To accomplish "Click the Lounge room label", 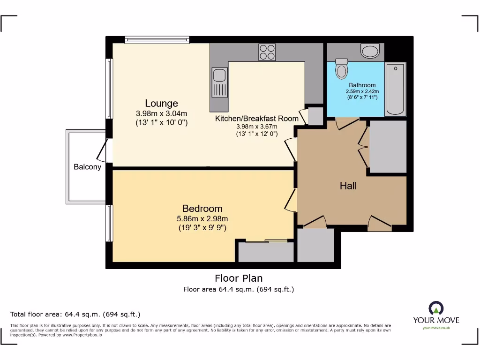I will click(x=161, y=104).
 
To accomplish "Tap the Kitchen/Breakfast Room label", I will click(x=256, y=119).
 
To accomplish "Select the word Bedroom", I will click(x=202, y=209).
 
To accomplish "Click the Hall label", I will click(x=348, y=186).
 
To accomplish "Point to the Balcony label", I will click(x=87, y=167).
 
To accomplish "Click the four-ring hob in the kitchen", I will click(x=267, y=52).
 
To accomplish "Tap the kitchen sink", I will click(x=219, y=82).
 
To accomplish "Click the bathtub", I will click(x=395, y=89).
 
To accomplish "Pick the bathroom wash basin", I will click(x=370, y=50).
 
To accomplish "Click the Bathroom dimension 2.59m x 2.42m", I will click(x=362, y=91).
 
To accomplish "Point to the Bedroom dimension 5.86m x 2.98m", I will click(x=202, y=218).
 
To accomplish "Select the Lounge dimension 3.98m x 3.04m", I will click(x=161, y=113).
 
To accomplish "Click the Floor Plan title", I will click(x=239, y=278).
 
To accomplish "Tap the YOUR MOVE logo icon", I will click(x=436, y=308).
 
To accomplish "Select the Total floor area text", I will click(x=75, y=314).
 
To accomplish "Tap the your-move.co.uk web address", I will click(x=436, y=328).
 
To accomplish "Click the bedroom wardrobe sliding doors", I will click(x=266, y=241).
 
